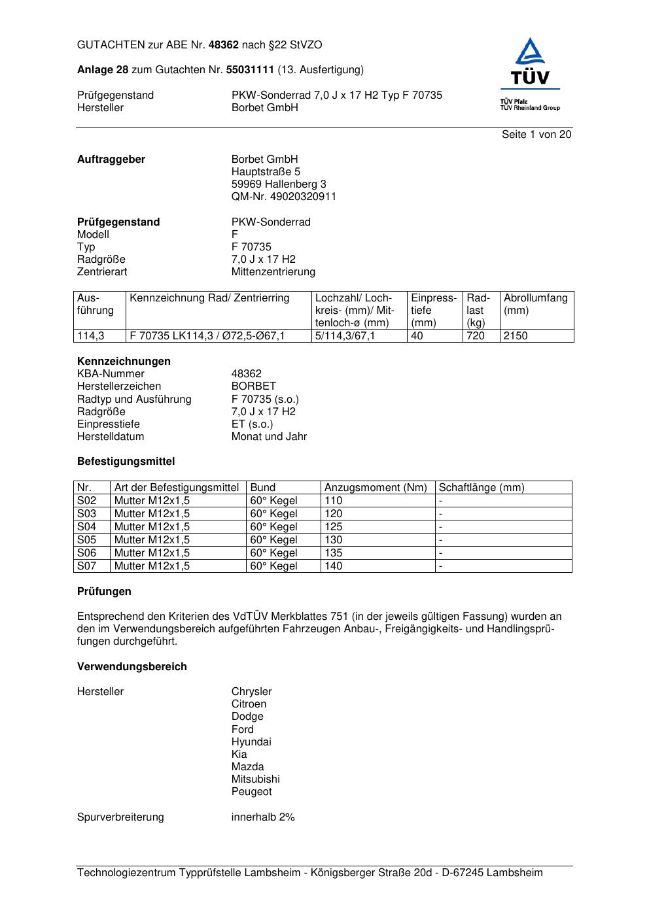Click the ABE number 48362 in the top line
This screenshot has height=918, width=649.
[x=224, y=45]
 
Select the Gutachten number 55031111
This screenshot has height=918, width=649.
[x=249, y=70]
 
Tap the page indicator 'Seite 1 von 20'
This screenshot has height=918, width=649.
[x=536, y=135]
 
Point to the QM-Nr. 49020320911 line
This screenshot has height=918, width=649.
[x=283, y=197]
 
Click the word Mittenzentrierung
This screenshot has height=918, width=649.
[x=273, y=272]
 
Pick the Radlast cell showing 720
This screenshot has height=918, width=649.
[x=476, y=336]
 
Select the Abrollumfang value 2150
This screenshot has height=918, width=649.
[x=516, y=336]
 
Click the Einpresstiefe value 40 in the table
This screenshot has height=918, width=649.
[x=417, y=336]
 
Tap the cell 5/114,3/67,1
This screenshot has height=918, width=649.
[x=345, y=336]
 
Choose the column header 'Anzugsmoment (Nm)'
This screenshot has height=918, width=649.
[x=376, y=488]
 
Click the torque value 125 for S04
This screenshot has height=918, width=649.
[x=334, y=527]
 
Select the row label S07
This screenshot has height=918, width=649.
[x=86, y=566]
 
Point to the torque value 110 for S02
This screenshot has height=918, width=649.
[x=334, y=501]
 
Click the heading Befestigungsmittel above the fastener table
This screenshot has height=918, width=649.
[x=126, y=462]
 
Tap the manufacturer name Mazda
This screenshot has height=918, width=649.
[x=247, y=767]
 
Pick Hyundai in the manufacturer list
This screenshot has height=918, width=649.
[x=251, y=742]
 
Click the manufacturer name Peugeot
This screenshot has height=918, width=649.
[x=251, y=792]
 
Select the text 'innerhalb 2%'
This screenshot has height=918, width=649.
[x=263, y=817]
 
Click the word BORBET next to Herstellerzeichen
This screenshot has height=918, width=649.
[x=253, y=386]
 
